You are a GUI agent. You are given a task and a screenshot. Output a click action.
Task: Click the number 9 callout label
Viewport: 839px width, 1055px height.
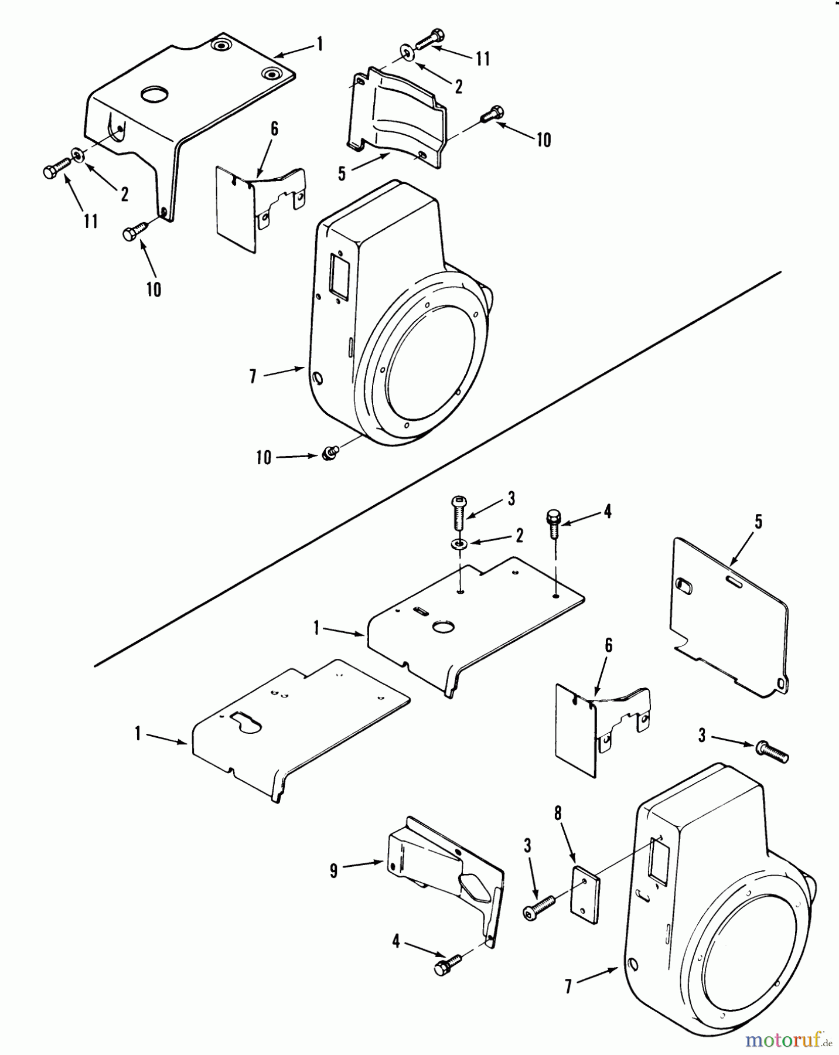333,871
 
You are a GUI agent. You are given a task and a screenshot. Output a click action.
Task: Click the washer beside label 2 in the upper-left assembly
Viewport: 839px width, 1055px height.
77,155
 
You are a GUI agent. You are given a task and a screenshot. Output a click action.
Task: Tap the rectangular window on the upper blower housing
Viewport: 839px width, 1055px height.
337,274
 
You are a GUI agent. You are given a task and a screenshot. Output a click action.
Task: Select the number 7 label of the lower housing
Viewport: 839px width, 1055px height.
568,987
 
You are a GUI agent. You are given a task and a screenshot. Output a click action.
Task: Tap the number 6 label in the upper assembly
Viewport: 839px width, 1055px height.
274,129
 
